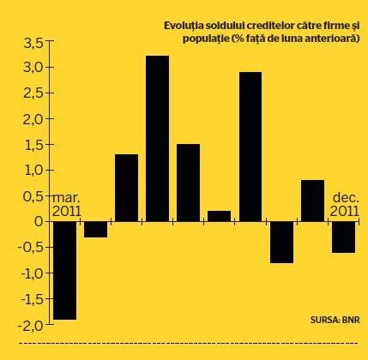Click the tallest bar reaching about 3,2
coord(157,138)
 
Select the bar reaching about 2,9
coord(250,147)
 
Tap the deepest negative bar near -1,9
coord(65,271)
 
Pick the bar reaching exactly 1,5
coord(188,183)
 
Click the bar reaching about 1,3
coord(126,188)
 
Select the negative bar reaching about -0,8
coord(281,243)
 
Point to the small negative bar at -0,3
coord(95,230)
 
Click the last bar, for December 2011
coord(343,237)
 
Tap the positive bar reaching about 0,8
coord(312,201)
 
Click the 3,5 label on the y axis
coord(33,43)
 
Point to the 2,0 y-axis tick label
coord(33,119)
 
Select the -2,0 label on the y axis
coord(30,326)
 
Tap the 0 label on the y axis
coord(39,222)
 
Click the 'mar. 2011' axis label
coord(67,205)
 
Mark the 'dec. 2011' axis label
coord(345,205)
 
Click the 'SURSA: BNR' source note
coord(335,320)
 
